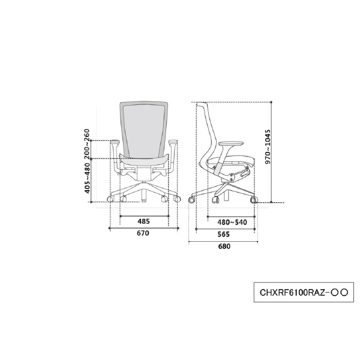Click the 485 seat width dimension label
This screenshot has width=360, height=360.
pos(143,221)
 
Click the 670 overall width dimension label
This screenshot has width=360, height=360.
pos(143,233)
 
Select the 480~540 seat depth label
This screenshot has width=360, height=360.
pos(232,222)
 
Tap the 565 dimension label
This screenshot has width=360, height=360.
pos(224,234)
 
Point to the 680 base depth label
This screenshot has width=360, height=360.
pos(224,247)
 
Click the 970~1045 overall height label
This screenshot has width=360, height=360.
pos(268,147)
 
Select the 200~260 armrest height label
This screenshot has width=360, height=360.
pos(86,144)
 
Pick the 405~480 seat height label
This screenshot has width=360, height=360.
pos(87,178)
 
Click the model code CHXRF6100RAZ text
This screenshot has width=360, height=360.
pos(293,293)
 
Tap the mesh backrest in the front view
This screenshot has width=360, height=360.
pos(144,130)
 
